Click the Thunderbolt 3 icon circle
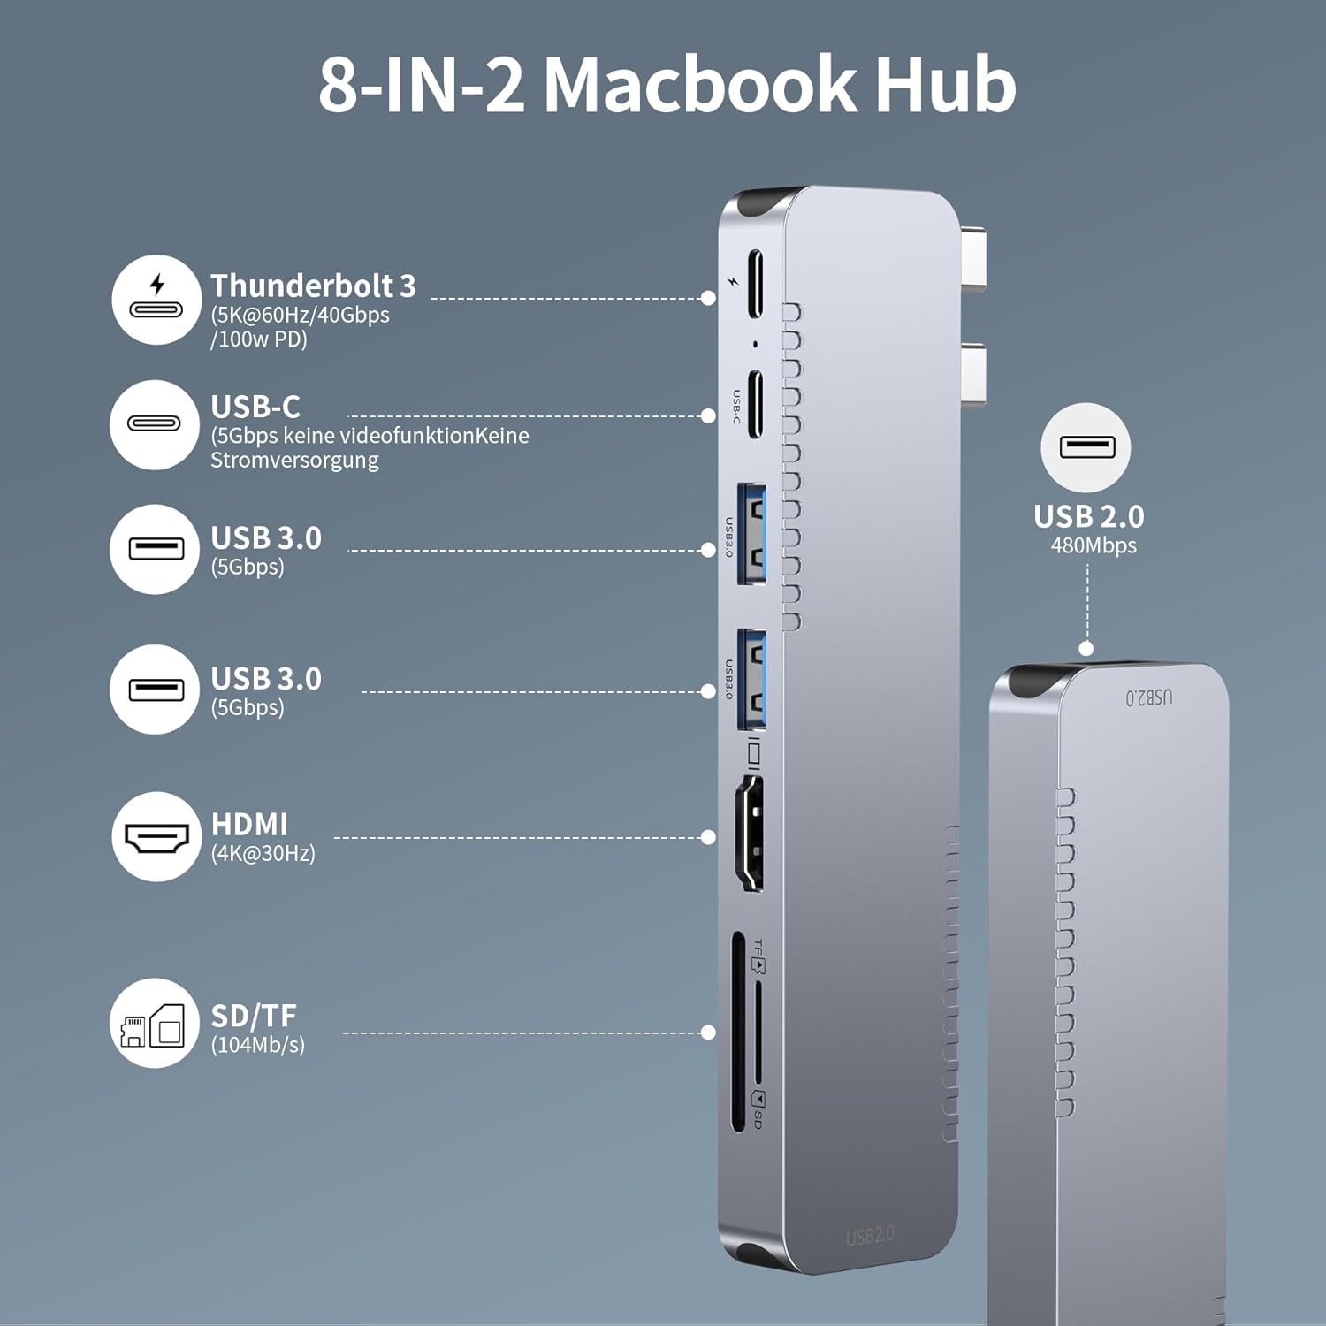point(156,300)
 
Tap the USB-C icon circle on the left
point(155,424)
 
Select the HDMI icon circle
point(156,836)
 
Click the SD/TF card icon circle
point(155,1023)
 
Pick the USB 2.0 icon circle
point(1086,447)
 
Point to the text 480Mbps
point(1094,545)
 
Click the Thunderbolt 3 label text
point(313,286)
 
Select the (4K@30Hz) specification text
point(263,853)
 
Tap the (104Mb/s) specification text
point(257,1045)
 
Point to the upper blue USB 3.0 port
point(752,534)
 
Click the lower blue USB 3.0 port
point(752,679)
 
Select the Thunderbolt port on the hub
point(755,284)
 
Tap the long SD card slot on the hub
point(738,1032)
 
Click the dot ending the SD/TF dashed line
point(708,1033)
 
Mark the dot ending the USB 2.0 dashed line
point(1086,649)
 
